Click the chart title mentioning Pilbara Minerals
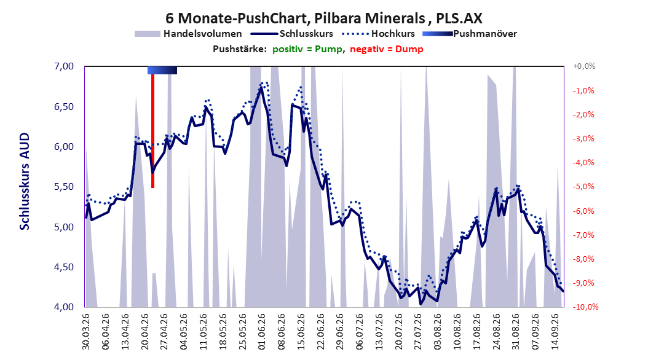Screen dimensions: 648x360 point(323,18)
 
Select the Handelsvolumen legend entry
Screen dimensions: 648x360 point(188,34)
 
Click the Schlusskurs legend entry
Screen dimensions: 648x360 point(292,34)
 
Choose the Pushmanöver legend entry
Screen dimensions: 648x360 point(470,34)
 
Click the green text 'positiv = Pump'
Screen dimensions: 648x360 point(307,49)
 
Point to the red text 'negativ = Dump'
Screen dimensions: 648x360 point(387,49)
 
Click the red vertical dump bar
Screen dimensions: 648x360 point(152,131)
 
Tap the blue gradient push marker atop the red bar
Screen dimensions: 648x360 point(162,70)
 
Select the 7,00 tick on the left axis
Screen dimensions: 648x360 point(65,66)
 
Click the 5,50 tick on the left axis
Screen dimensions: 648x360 point(65,187)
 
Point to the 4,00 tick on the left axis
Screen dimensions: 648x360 point(65,307)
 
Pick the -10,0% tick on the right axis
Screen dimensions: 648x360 point(585,307)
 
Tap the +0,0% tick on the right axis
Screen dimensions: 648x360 point(584,66)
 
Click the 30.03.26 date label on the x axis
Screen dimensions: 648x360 point(86,332)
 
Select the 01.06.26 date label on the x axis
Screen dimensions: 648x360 point(262,332)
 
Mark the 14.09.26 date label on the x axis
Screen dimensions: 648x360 point(555,332)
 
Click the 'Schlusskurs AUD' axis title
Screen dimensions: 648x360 point(25,181)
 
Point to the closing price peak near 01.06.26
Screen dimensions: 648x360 point(261,88)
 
